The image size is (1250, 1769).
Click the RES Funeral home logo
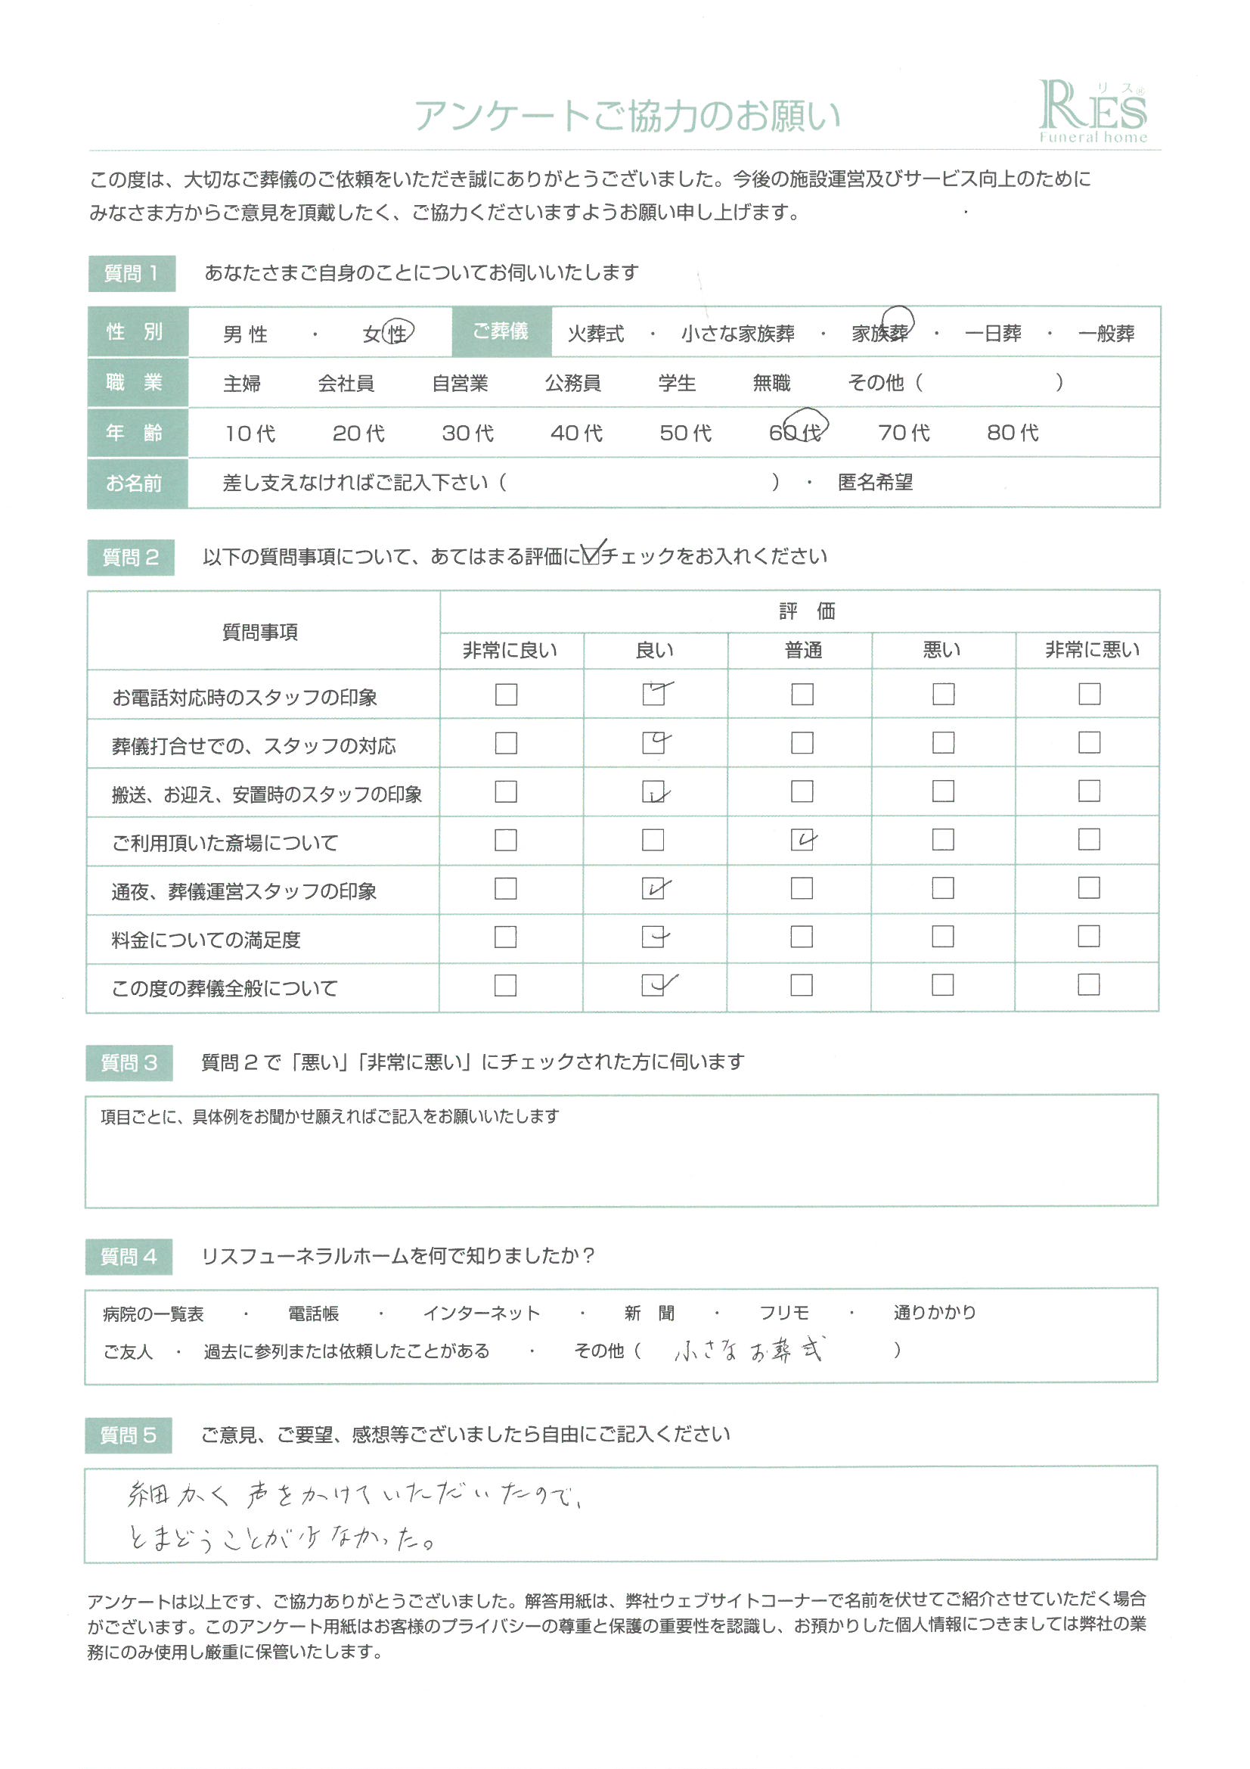point(1092,113)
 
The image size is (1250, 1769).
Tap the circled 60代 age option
point(796,431)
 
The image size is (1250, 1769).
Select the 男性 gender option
point(245,334)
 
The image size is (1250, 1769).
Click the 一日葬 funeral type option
point(992,334)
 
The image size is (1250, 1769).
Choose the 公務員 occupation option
point(572,383)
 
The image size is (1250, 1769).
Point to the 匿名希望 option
point(875,482)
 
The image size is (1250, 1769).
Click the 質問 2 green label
point(131,557)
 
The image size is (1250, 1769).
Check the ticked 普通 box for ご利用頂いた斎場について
point(802,840)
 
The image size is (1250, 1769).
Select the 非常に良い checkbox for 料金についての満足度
point(505,937)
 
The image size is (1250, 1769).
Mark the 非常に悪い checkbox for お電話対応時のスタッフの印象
point(1089,694)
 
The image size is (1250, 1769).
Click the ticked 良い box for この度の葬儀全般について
point(654,985)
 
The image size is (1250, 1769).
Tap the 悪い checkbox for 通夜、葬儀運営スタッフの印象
point(943,888)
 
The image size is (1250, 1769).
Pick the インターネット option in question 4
point(482,1313)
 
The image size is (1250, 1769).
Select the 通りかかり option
point(934,1312)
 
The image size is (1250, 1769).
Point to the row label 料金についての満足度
point(206,940)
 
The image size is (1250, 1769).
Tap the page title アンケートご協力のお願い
point(627,117)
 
